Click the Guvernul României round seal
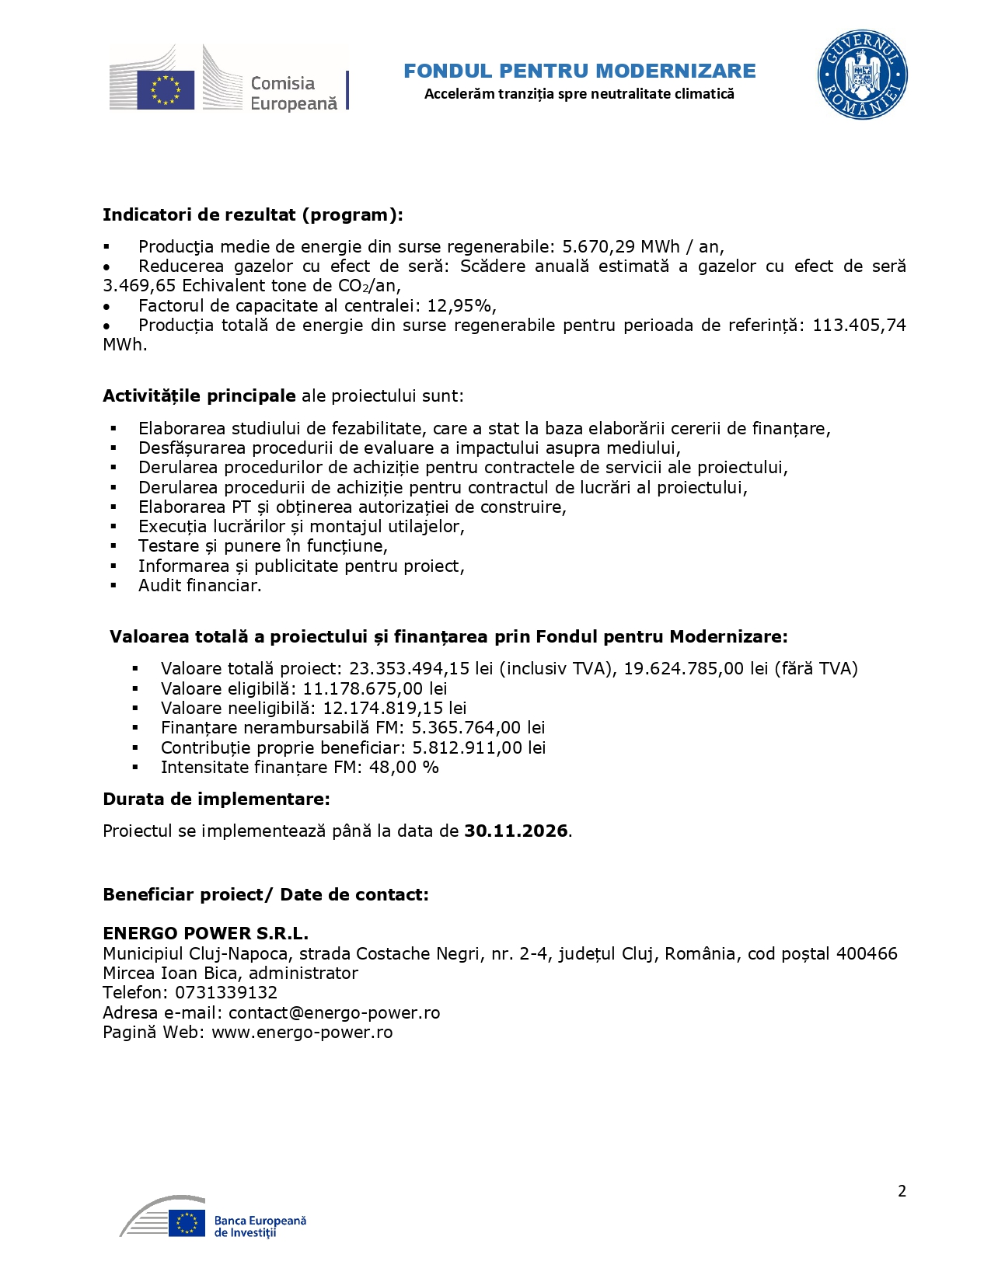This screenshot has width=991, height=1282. (862, 75)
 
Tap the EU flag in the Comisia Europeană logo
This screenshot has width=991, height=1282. (166, 89)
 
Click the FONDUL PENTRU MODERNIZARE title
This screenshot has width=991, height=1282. (579, 71)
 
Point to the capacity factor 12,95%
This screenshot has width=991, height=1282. (461, 305)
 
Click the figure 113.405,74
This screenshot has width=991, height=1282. (859, 325)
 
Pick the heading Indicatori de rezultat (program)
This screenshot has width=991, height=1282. (253, 215)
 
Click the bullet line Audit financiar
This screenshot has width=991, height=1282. (200, 586)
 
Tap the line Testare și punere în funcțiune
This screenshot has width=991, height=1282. (263, 546)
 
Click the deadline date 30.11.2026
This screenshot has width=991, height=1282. (516, 831)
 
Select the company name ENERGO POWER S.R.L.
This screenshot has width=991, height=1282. (205, 934)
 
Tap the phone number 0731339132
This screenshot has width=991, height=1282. (226, 993)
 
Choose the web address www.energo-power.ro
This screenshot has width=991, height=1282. (302, 1033)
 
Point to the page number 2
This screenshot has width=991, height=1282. (902, 1191)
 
